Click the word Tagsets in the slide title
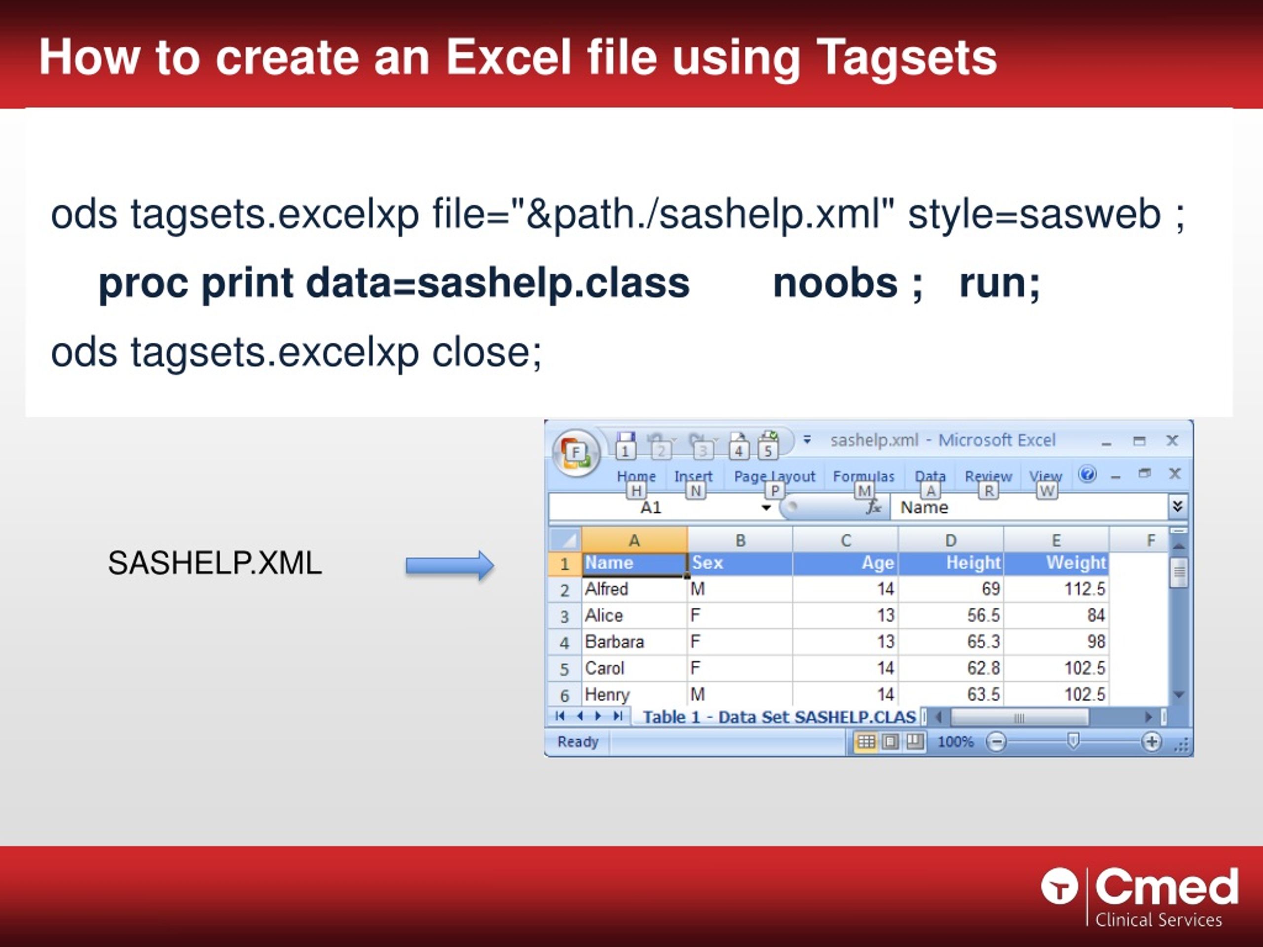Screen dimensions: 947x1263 click(x=906, y=58)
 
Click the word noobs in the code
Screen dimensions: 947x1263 click(x=835, y=283)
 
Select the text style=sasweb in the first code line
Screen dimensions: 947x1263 click(x=1034, y=215)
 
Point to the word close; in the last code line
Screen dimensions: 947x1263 click(x=486, y=352)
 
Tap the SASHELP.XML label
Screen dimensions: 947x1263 click(x=215, y=563)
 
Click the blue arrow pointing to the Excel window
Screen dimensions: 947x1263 click(x=449, y=566)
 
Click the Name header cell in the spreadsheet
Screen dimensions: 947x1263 click(x=634, y=563)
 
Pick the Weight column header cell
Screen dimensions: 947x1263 click(x=1056, y=563)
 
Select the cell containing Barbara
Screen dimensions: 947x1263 click(x=634, y=642)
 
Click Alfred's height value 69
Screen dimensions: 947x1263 click(x=951, y=588)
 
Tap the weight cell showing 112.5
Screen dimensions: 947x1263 click(x=1056, y=588)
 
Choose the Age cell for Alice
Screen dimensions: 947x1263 click(x=846, y=616)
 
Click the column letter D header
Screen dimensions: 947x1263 click(x=951, y=540)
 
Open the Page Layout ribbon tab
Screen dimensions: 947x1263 click(x=774, y=476)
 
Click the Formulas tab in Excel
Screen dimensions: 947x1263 click(x=863, y=476)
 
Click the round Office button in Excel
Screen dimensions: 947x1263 click(x=576, y=453)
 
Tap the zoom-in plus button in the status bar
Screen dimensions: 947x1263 click(x=1151, y=741)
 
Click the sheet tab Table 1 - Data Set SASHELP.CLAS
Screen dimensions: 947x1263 click(x=779, y=717)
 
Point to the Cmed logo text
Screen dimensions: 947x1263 click(x=1166, y=888)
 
